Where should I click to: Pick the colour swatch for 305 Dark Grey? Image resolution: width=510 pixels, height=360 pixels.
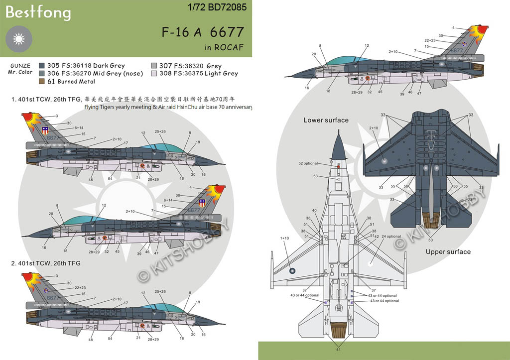point(41,66)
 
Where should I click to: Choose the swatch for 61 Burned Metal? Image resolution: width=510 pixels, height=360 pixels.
point(41,81)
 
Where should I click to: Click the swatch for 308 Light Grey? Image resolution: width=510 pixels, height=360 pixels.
point(154,73)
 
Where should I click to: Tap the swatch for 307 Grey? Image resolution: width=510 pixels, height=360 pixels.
point(154,66)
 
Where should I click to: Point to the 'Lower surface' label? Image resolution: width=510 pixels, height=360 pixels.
point(326,120)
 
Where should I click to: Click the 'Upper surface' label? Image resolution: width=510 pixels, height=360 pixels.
point(448,252)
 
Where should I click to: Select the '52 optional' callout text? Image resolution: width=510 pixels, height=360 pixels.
point(308,163)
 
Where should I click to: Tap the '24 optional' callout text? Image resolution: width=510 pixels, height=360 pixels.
point(390,237)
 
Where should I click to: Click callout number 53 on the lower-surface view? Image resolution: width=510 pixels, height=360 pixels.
point(315,176)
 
